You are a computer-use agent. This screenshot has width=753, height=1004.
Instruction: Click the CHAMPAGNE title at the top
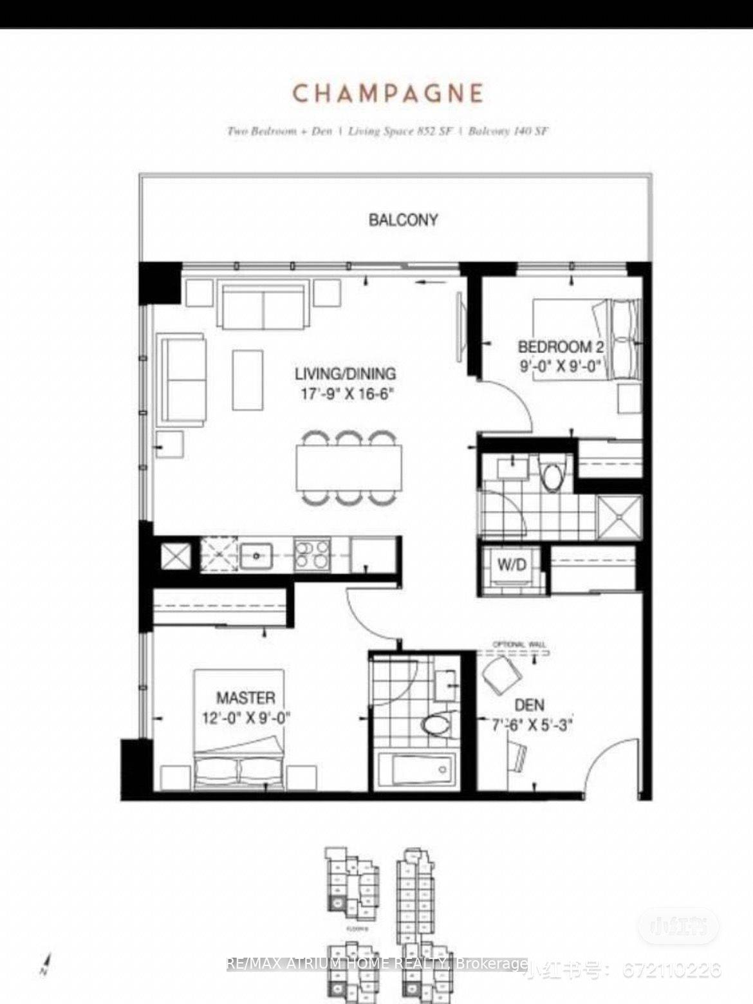(x=388, y=93)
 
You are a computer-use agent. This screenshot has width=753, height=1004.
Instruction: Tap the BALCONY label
(x=403, y=220)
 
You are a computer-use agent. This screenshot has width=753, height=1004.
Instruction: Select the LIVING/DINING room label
(x=346, y=373)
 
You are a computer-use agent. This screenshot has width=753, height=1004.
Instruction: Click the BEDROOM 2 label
(x=561, y=347)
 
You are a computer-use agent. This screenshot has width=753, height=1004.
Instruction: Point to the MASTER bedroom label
(x=245, y=698)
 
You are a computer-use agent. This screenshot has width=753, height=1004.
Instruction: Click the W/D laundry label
(x=512, y=565)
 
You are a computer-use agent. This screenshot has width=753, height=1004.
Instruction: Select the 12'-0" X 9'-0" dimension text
(x=246, y=718)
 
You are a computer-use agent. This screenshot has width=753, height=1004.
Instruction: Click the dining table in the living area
(x=349, y=467)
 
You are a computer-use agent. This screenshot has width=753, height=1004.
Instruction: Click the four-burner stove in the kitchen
(x=311, y=555)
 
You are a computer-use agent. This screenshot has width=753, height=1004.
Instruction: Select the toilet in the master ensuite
(x=440, y=723)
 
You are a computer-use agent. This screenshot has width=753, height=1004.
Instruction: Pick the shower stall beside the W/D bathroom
(x=619, y=517)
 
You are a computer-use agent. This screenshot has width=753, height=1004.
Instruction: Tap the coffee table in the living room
(x=248, y=371)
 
